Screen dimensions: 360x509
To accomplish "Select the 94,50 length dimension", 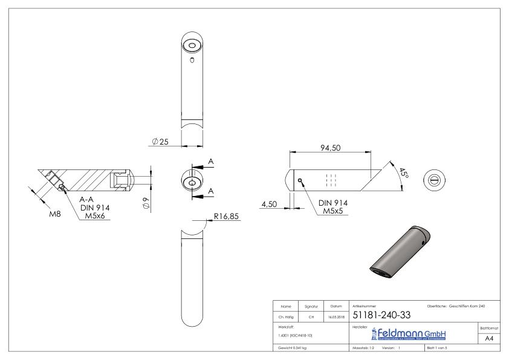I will tap(330, 147).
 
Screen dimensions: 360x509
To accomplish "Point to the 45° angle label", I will tap(403, 174).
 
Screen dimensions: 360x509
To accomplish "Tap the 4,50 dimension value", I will tap(269, 205).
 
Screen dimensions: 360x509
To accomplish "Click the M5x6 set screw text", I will tap(94, 215).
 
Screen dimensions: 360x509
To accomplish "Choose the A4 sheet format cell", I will tap(490, 339).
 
